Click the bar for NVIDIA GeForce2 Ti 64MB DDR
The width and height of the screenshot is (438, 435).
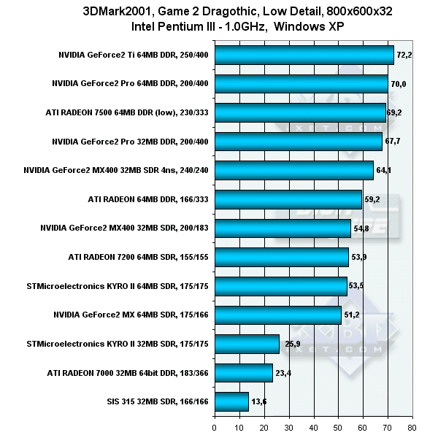[304, 55]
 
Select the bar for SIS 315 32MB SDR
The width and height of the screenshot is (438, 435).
[231, 401]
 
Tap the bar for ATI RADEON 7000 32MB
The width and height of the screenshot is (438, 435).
[243, 373]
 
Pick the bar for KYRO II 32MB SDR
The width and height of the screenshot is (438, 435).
[247, 344]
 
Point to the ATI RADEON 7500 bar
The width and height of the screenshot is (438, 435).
[300, 112]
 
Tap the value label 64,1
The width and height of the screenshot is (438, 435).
[385, 171]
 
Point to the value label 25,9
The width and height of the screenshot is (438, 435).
[291, 344]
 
